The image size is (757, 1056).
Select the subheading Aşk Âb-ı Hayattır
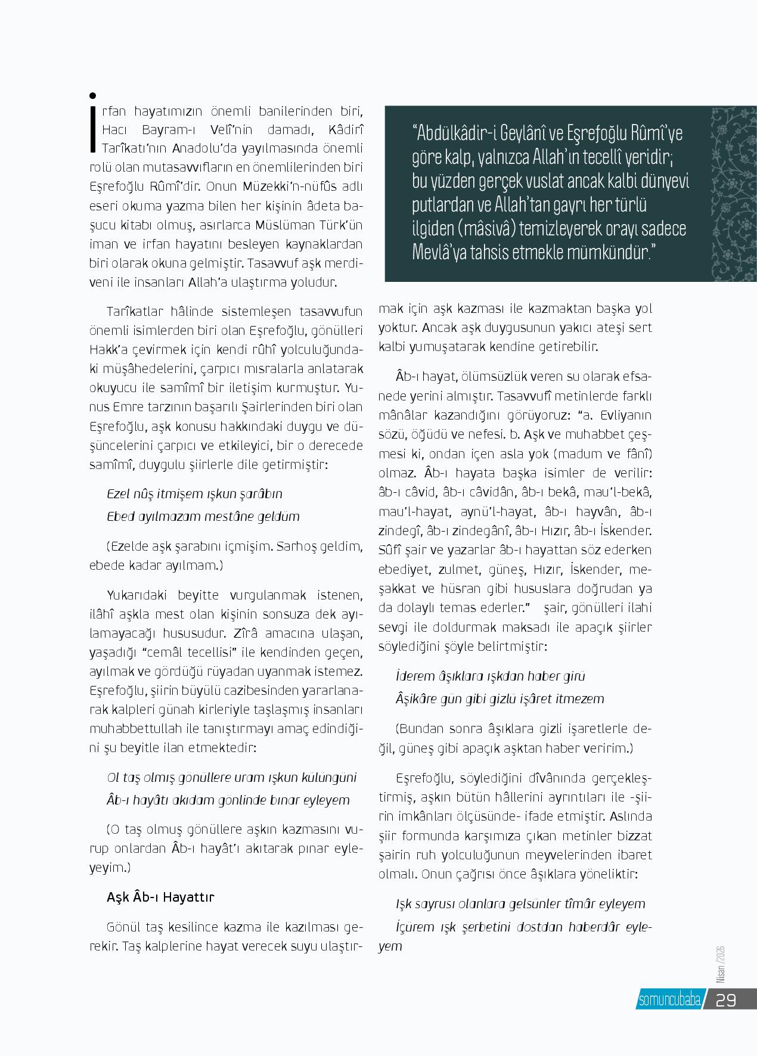[x=160, y=897]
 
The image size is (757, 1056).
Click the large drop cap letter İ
[x=92, y=122]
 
